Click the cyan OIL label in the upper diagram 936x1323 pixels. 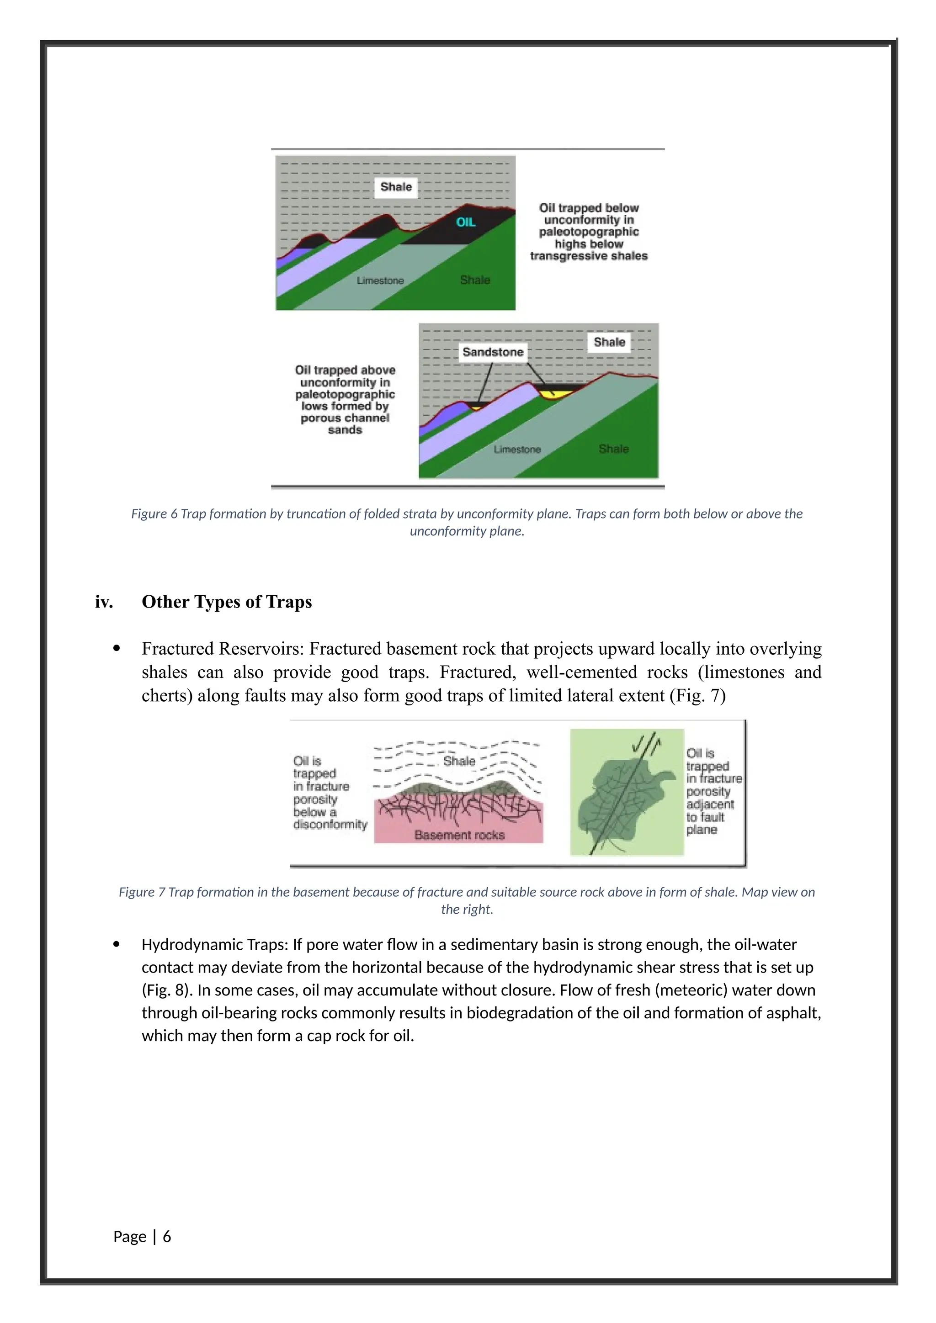click(466, 222)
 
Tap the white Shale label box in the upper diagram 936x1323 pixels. click(396, 187)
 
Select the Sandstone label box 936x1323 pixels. click(493, 352)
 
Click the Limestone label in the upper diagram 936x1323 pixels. click(380, 280)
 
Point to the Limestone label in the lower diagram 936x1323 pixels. click(517, 450)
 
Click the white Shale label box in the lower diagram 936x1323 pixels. click(609, 342)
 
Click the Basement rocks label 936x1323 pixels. click(459, 835)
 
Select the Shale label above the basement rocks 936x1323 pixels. click(459, 761)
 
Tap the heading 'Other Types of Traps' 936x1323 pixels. click(227, 602)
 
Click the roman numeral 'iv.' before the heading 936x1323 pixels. click(104, 602)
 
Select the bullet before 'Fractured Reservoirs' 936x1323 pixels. click(117, 649)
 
